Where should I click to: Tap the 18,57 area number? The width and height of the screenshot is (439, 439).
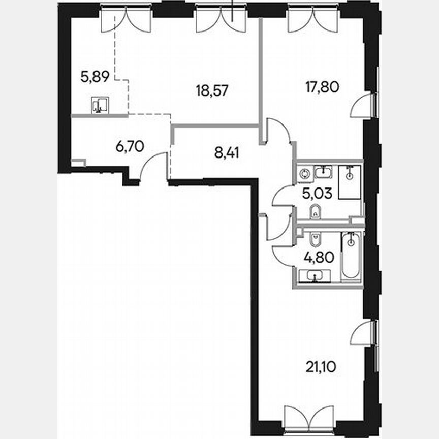tap(212, 90)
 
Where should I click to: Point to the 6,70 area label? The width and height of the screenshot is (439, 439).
tap(130, 147)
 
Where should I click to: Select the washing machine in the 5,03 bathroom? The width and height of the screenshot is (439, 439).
tap(305, 173)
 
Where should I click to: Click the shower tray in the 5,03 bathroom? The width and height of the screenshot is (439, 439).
tap(349, 181)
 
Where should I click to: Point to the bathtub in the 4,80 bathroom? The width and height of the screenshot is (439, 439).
tap(350, 256)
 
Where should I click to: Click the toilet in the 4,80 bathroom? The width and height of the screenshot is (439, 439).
tap(315, 238)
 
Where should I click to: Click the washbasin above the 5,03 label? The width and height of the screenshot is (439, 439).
tap(323, 172)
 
